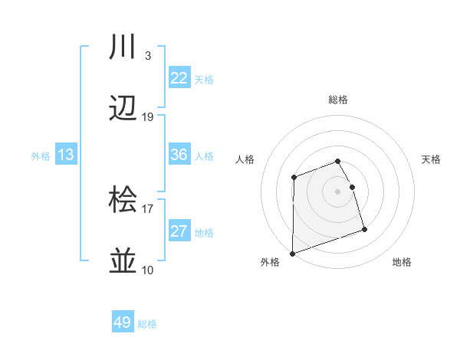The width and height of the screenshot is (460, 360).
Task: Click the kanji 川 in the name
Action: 123,47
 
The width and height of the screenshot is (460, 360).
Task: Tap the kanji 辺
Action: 123,109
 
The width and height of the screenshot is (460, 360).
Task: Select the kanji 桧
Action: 123,201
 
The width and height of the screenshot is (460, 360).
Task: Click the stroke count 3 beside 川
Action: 147,56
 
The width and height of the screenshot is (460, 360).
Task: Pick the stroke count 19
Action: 148,117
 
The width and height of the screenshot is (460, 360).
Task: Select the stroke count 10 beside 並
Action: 148,270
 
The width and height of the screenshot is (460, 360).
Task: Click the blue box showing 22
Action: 179,78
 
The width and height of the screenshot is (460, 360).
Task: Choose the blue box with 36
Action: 179,155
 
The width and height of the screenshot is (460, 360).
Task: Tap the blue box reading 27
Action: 179,231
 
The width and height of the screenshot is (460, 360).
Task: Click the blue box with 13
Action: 66,155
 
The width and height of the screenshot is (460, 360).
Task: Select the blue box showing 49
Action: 123,322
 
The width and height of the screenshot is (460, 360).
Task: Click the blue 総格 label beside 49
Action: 147,324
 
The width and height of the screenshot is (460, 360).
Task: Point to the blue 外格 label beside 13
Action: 41,156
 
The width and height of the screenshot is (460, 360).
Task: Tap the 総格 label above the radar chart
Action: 338,100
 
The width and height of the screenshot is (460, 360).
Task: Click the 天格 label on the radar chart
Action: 432,159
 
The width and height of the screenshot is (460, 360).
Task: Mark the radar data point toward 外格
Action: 292,254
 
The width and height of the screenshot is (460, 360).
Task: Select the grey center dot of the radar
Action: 338,191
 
